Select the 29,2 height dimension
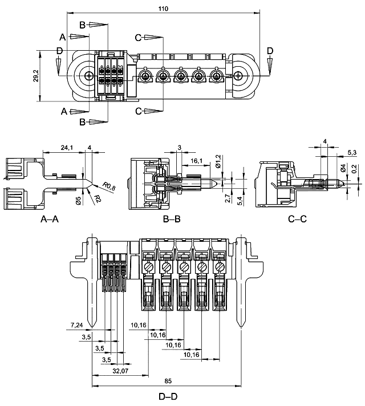point(36,76)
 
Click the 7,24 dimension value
point(77,325)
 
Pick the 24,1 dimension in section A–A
point(67,148)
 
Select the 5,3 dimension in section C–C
point(352,152)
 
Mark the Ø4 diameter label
point(342,169)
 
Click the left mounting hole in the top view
point(89,76)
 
